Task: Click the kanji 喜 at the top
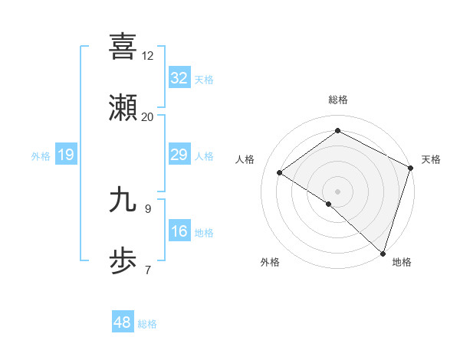pyautogui.click(x=123, y=46)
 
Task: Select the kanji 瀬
pyautogui.click(x=123, y=108)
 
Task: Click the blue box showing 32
pyautogui.click(x=179, y=78)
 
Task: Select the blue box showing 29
pyautogui.click(x=179, y=155)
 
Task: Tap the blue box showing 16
pyautogui.click(x=179, y=231)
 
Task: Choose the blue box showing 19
pyautogui.click(x=65, y=155)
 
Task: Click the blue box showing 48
pyautogui.click(x=122, y=322)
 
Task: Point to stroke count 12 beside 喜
pyautogui.click(x=147, y=55)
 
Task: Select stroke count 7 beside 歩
pyautogui.click(x=147, y=270)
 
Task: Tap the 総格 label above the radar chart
pyautogui.click(x=338, y=100)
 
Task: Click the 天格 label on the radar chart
pyautogui.click(x=431, y=159)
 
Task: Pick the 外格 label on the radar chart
pyautogui.click(x=270, y=262)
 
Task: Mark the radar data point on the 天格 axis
pyautogui.click(x=411, y=167)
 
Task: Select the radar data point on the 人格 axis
pyautogui.click(x=280, y=172)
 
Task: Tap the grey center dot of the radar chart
pyautogui.click(x=338, y=191)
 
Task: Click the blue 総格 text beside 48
pyautogui.click(x=147, y=324)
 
